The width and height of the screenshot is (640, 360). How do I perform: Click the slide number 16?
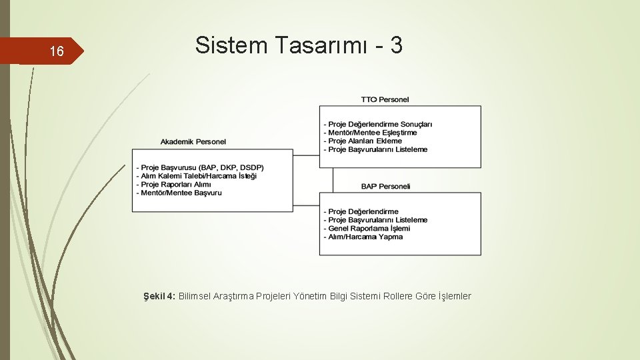pyautogui.click(x=57, y=51)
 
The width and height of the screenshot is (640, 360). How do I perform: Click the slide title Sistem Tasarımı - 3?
pyautogui.click(x=299, y=45)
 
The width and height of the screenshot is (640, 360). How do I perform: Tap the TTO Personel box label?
pyautogui.click(x=385, y=100)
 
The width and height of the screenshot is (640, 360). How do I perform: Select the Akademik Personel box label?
pyautogui.click(x=193, y=141)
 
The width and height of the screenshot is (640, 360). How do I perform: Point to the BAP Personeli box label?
pyautogui.click(x=386, y=187)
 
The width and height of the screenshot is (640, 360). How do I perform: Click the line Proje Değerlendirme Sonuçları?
pyautogui.click(x=378, y=124)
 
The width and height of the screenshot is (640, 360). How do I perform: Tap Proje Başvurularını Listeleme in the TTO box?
pyautogui.click(x=375, y=150)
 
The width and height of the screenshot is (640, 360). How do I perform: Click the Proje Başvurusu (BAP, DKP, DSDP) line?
pyautogui.click(x=200, y=167)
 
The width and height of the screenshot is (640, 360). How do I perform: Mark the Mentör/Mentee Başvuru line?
pyautogui.click(x=179, y=193)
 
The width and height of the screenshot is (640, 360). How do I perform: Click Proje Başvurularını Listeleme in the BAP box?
pyautogui.click(x=375, y=220)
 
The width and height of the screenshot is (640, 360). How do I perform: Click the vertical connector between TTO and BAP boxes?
pyautogui.click(x=333, y=179)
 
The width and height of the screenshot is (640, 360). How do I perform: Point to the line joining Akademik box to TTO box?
pyautogui.click(x=306, y=155)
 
